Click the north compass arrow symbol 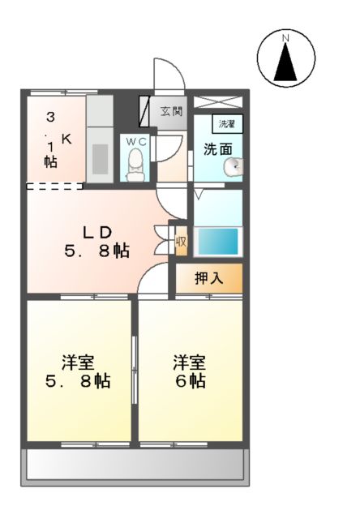click(285, 63)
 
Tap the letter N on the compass click(285, 38)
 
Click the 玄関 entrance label click(171, 112)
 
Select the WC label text click(135, 142)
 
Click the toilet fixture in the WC click(135, 166)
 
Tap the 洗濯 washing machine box click(226, 125)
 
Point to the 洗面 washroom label click(217, 149)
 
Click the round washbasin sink click(233, 166)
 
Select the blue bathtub click(217, 241)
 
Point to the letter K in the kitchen click(66, 139)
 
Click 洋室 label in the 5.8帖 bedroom click(78, 360)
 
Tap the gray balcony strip click(135, 465)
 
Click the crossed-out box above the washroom click(217, 103)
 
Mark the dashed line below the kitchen click(54, 186)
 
